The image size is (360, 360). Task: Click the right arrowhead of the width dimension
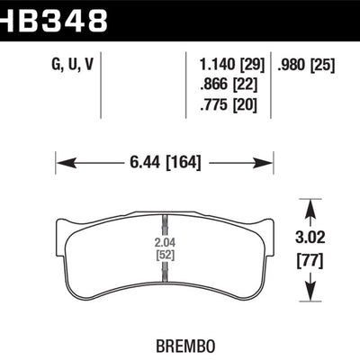coord(261,163)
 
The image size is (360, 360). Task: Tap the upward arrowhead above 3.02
coord(310,208)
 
